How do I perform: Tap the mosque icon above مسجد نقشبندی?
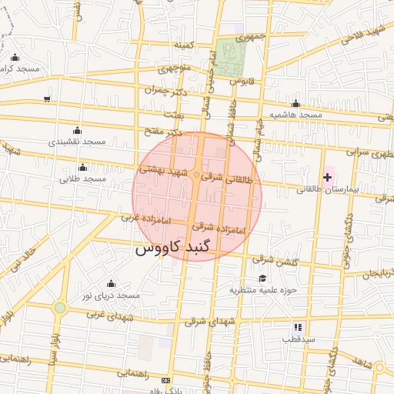pos(76,130)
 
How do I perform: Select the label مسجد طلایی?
pos(82,179)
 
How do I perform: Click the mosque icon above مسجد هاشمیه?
pos(295,103)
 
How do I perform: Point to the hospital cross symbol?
pos(327,177)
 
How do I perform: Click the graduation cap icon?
pos(262,278)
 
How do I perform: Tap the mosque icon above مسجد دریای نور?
pos(111,283)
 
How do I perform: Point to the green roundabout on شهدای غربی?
pos(59,309)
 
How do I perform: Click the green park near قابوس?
pos(229,57)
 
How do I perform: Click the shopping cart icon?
pos(48,98)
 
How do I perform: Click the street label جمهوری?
pos(251,36)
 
